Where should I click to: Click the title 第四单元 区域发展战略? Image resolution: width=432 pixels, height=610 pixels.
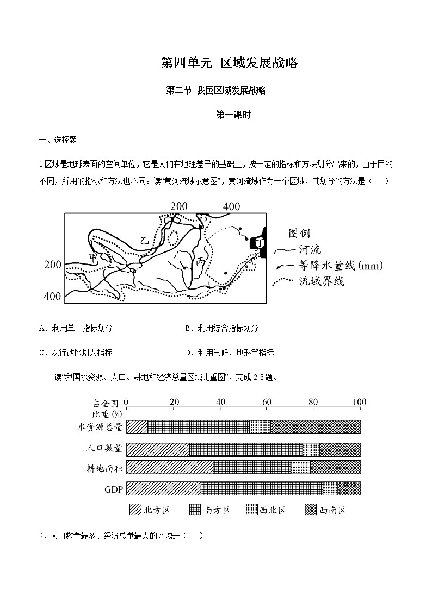pos(229,63)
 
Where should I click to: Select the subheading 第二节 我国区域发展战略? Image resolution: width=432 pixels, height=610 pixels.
pos(215,91)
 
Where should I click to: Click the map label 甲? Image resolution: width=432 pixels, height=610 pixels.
pos(94,256)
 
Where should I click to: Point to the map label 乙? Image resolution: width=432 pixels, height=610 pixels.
pos(144,240)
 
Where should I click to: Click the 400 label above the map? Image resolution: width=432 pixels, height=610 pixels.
pos(231,206)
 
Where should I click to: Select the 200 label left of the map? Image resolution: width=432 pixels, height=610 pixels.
pos(53,265)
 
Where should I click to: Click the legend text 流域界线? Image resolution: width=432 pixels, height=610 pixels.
pos(322,281)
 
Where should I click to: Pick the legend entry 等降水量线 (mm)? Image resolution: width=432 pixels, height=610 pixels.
pos(341,266)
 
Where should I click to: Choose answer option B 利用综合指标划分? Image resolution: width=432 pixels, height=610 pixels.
pos(221,328)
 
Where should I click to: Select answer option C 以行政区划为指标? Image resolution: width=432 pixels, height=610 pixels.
pos(76,353)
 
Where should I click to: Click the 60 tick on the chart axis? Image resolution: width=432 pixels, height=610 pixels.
pos(267,402)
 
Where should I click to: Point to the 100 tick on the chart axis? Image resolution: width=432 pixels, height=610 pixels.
pos(359,402)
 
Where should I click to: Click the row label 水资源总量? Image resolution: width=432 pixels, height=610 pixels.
pos(100,427)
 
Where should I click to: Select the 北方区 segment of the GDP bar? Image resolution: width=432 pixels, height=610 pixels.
pos(163,488)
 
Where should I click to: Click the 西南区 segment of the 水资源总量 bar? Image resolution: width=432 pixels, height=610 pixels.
pos(316,427)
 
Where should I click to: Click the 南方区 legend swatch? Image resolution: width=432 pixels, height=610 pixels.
pos(195,510)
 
